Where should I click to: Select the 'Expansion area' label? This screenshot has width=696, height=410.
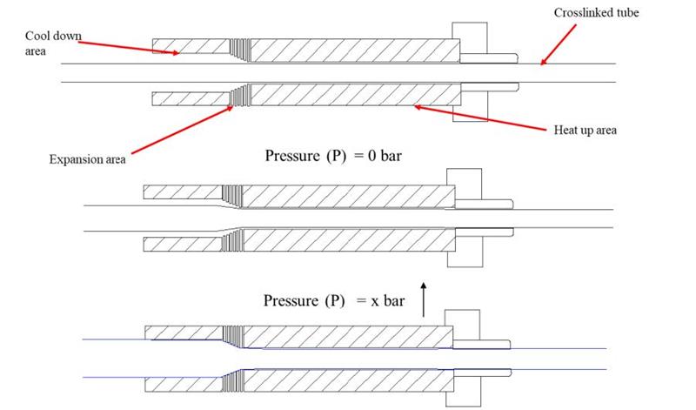87,159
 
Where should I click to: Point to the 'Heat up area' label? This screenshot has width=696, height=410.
585,131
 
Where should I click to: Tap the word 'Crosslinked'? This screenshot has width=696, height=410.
579,13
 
